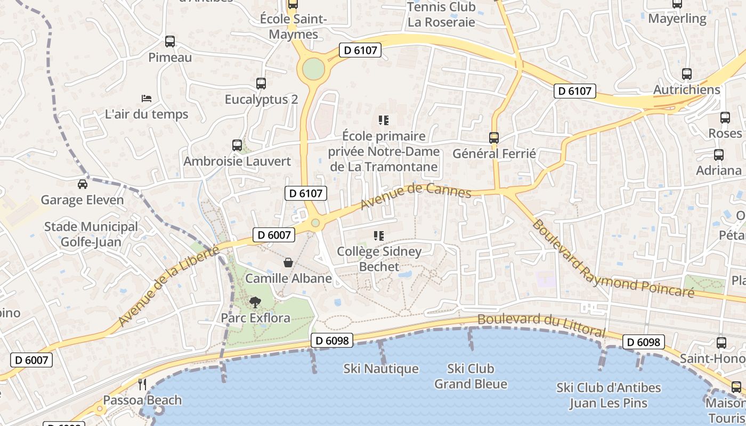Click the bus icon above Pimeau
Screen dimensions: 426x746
pos(170,41)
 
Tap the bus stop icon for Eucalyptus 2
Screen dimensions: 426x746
pos(261,83)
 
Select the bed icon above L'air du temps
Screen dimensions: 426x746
pos(147,98)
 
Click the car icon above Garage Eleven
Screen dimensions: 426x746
pos(83,184)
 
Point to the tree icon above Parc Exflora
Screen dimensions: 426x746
pos(255,302)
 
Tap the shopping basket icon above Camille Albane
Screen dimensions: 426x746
pos(288,263)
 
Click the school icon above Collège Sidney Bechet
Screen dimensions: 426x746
pos(379,235)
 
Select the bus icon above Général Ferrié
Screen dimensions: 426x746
pos(494,137)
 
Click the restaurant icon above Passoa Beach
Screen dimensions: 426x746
pos(142,384)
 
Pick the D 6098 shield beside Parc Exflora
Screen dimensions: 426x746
pos(331,340)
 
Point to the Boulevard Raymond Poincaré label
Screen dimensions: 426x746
pos(613,259)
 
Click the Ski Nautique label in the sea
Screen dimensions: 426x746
pos(381,368)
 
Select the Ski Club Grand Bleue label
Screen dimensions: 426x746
pos(471,376)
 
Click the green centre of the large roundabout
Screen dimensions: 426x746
pos(313,69)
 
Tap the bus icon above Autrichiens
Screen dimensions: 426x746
pos(687,74)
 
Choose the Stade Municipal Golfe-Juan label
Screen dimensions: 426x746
pos(91,234)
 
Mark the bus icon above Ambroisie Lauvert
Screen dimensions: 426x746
pos(237,145)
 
